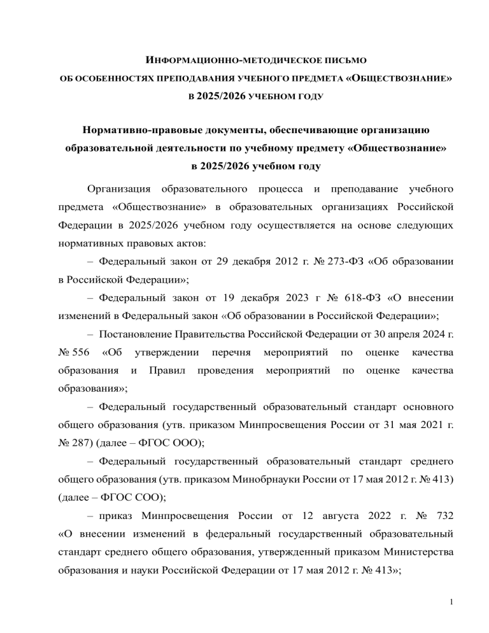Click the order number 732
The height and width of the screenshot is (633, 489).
443,497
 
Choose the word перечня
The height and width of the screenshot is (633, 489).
230,352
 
